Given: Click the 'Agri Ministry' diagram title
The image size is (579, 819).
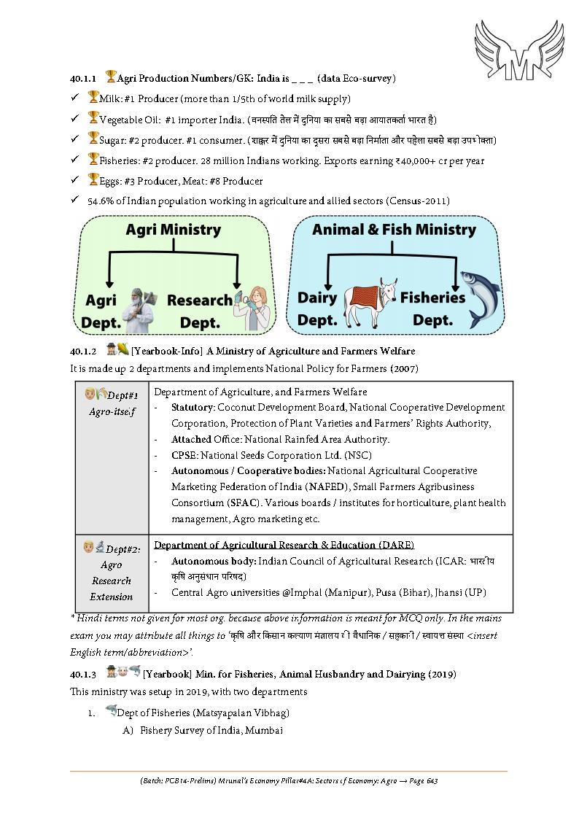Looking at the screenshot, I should (173, 230).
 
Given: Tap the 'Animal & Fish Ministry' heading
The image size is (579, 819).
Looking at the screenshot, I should (394, 230).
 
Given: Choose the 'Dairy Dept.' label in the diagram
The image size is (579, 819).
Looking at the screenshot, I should (317, 308).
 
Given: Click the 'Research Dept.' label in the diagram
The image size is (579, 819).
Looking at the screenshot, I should (200, 311).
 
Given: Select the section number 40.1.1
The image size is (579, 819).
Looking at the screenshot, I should (84, 77).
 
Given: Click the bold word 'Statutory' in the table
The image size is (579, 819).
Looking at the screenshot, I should (193, 407).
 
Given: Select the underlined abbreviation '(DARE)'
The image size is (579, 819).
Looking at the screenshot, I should (397, 545).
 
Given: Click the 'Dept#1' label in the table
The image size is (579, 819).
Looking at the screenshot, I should (123, 395).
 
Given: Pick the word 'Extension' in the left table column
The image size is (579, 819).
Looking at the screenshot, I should (112, 597).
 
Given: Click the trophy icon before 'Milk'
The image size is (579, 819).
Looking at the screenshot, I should (93, 97).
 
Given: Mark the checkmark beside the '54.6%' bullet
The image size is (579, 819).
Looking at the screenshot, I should (74, 200).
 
